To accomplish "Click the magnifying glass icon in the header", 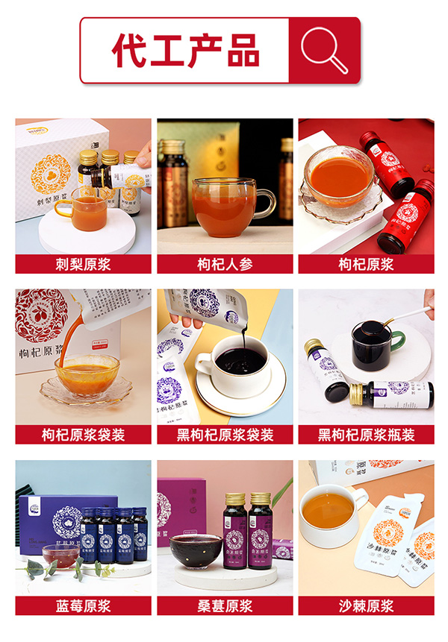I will [x=324, y=50].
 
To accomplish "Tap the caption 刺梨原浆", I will [x=83, y=265].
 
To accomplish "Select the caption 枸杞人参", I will [x=225, y=265].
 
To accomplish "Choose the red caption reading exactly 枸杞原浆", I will [x=366, y=265].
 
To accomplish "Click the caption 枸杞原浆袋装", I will [x=83, y=435].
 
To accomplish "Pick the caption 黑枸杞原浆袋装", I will [x=225, y=435].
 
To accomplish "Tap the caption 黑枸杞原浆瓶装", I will [x=366, y=435].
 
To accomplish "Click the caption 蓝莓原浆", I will [x=83, y=605].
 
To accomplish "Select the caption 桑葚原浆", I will [x=225, y=605].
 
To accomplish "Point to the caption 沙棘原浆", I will [x=366, y=605].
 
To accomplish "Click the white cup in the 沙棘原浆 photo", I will [x=332, y=514].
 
